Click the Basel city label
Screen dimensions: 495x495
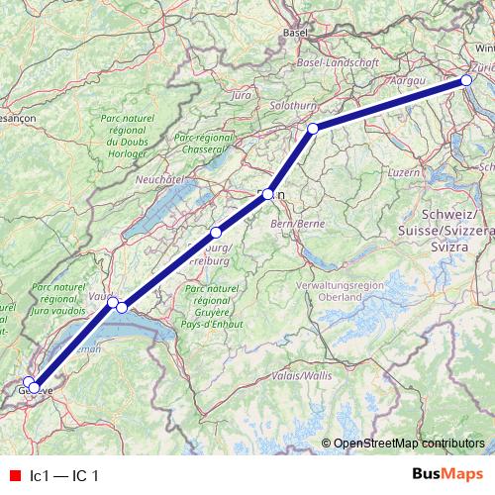(x=295, y=33)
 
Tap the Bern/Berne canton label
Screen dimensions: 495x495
(x=298, y=224)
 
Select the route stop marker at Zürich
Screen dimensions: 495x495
(x=467, y=81)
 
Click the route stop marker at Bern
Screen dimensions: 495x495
(x=267, y=195)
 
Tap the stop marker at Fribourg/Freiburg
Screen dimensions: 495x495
(x=216, y=233)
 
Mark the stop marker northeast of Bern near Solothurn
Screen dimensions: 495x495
(x=313, y=129)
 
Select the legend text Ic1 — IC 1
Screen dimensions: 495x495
(x=65, y=476)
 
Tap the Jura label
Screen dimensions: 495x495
(x=240, y=96)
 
